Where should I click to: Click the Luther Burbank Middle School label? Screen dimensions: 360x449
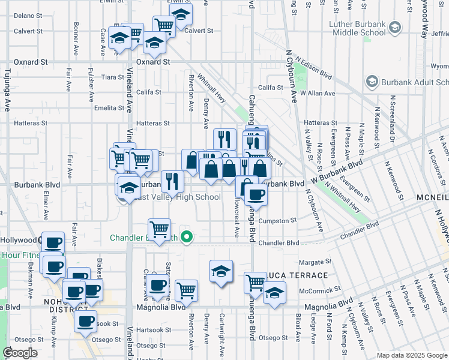[357, 28]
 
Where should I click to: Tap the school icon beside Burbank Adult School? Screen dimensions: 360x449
[372, 82]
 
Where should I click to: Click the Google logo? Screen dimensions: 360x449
[20, 353]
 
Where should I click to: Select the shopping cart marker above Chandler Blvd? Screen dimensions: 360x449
[159, 229]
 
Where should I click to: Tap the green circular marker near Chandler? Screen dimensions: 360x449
[186, 237]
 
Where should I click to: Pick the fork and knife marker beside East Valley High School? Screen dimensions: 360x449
[172, 179]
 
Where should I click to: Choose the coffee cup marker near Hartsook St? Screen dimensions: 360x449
[86, 320]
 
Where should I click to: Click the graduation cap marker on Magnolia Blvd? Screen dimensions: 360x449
[274, 293]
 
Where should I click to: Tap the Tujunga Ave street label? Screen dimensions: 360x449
[8, 96]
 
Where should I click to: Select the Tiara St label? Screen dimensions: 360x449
[113, 77]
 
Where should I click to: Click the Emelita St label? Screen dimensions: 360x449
[109, 108]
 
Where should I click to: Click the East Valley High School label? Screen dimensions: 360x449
[177, 197]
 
